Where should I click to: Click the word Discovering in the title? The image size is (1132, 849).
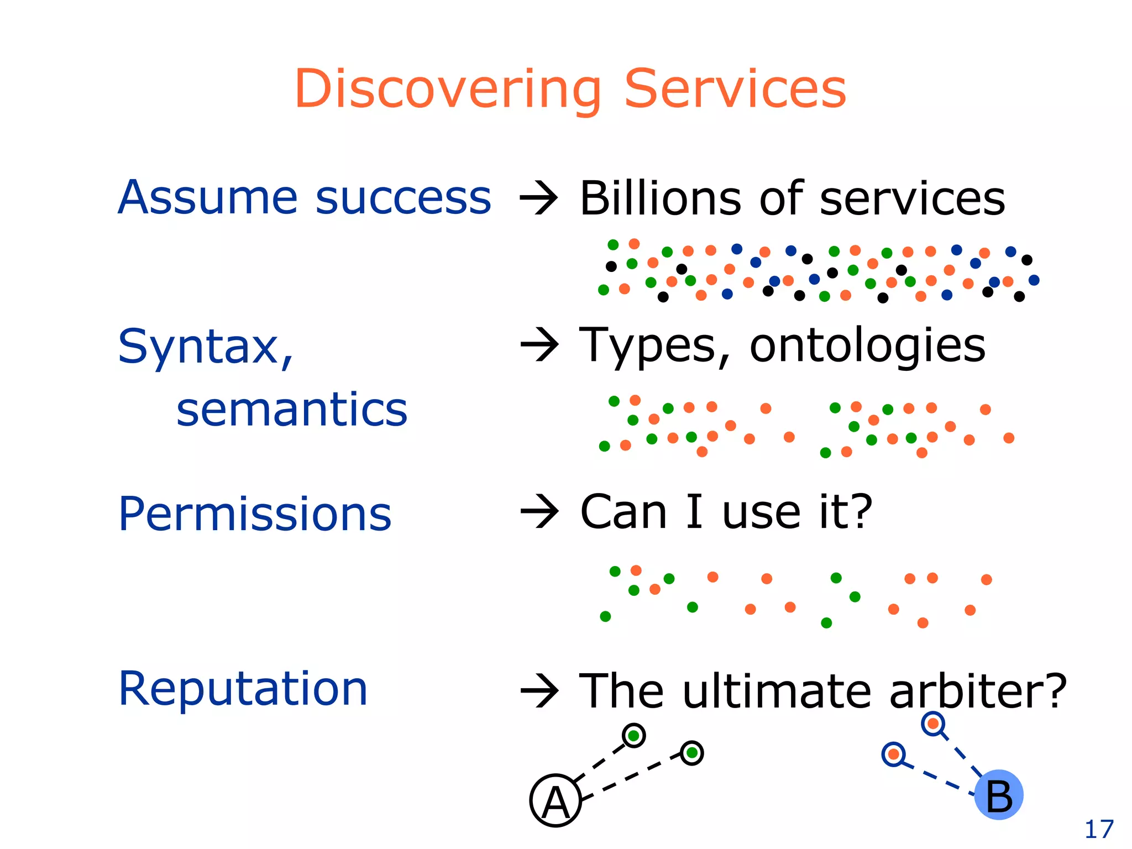(x=448, y=90)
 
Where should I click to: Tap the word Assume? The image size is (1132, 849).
(x=209, y=198)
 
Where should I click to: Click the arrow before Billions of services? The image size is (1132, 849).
(x=539, y=199)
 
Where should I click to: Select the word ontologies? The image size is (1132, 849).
(x=868, y=346)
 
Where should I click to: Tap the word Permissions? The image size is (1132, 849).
(x=254, y=514)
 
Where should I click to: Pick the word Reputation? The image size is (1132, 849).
(x=243, y=689)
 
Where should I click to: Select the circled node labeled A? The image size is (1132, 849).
(x=555, y=801)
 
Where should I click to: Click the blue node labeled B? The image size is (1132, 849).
(x=999, y=795)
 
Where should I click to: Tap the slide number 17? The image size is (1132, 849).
(x=1099, y=829)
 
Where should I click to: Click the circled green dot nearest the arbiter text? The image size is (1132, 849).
(x=691, y=753)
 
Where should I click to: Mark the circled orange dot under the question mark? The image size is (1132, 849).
(x=933, y=724)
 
